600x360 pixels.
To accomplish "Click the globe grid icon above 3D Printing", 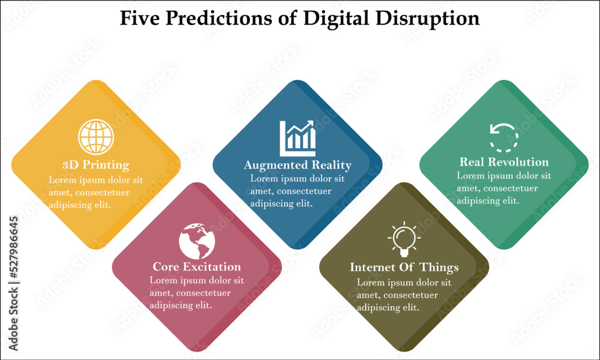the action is [x=96, y=137].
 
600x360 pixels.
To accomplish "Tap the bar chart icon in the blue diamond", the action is [x=298, y=139].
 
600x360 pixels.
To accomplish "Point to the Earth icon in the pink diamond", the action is [x=197, y=241].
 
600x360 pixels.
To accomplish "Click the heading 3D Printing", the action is [x=96, y=165].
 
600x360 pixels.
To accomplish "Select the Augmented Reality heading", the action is [x=298, y=165].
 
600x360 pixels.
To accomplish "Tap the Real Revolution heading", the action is [x=504, y=162].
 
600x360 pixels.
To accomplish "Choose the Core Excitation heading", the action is [x=197, y=266].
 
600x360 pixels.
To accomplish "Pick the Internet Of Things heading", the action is [x=404, y=268].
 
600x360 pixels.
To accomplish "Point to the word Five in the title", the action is [x=139, y=18].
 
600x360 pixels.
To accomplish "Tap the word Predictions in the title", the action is [x=219, y=18].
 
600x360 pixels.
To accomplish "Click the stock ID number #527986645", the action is [x=13, y=247].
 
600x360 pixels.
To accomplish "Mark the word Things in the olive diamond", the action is [x=439, y=268].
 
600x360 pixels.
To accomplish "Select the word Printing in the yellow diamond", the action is [x=106, y=165].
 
